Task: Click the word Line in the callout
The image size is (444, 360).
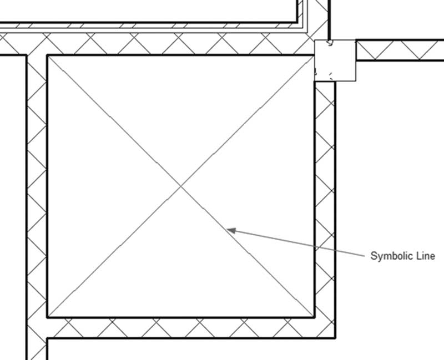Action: point(426,256)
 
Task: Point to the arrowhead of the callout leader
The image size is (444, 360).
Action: point(231,230)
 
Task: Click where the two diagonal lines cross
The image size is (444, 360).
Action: point(181,186)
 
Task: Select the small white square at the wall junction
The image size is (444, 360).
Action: point(335,60)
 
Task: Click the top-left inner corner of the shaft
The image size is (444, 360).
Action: point(48,56)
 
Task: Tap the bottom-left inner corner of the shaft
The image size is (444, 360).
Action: point(48,317)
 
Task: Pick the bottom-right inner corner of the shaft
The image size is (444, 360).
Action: point(314,317)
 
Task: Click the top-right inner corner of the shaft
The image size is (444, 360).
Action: point(314,56)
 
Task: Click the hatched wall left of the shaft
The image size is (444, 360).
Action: point(37,198)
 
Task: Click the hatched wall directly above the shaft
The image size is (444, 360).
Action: point(170,44)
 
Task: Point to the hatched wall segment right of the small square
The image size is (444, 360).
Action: point(400,50)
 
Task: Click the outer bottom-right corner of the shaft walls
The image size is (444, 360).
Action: point(336,338)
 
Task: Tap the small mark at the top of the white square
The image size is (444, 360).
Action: point(330,43)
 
